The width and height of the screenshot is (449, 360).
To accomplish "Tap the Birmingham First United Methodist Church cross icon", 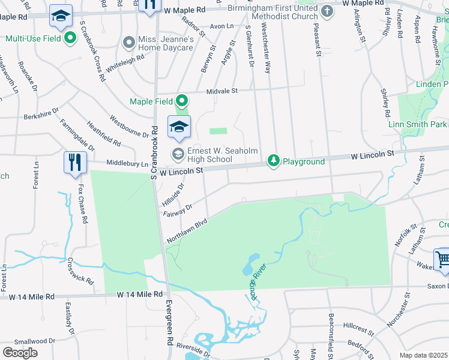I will [327, 11].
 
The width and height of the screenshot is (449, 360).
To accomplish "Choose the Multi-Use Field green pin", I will [70, 38].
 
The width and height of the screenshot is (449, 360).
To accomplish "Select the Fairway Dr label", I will [176, 210].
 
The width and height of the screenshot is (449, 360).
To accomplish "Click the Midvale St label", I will [223, 91].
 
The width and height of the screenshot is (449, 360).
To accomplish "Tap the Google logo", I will [20, 352].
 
